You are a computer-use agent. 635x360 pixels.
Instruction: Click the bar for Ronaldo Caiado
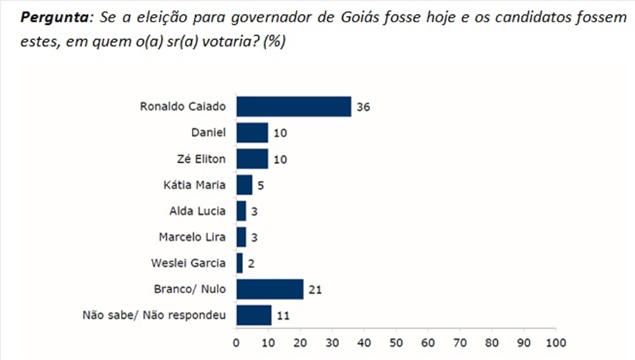(294, 107)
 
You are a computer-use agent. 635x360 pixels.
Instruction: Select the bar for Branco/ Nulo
(270, 290)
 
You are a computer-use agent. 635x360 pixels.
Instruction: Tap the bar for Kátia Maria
(244, 185)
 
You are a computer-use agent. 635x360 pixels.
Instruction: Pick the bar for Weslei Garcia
(240, 263)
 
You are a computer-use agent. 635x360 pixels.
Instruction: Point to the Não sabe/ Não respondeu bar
(254, 315)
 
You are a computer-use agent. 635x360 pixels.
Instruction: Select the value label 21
(313, 290)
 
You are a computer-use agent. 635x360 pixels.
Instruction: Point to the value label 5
(260, 185)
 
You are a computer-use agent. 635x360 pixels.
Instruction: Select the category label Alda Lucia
(197, 211)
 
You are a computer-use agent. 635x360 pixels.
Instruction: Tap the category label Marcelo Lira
(193, 237)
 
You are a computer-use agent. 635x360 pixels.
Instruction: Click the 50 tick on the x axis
(396, 342)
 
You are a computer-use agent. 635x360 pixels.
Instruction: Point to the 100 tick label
(556, 342)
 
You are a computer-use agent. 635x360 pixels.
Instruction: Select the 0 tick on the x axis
(236, 342)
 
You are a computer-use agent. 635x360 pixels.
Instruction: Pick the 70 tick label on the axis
(460, 342)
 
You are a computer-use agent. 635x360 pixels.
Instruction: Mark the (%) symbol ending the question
(274, 41)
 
